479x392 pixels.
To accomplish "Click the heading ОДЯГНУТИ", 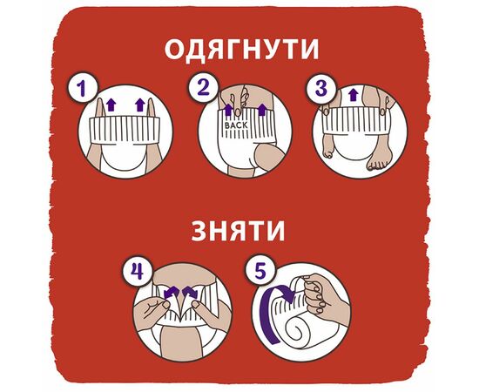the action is pyautogui.click(x=241, y=49).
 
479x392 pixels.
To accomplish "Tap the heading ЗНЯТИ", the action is pyautogui.click(x=238, y=230).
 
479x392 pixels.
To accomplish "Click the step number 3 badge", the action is pyautogui.click(x=321, y=87).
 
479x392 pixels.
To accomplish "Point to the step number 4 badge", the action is pyautogui.click(x=138, y=271).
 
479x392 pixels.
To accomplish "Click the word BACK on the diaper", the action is pyautogui.click(x=236, y=125).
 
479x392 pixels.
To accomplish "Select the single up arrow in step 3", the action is pyautogui.click(x=354, y=94).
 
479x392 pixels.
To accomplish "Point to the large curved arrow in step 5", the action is pyautogui.click(x=270, y=318).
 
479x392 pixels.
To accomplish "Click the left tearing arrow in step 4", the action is pyautogui.click(x=172, y=293).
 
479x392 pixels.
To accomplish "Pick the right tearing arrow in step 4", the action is pyautogui.click(x=191, y=293).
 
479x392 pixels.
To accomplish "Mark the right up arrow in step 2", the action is pyautogui.click(x=262, y=110).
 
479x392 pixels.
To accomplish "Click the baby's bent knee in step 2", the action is pyautogui.click(x=270, y=159).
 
